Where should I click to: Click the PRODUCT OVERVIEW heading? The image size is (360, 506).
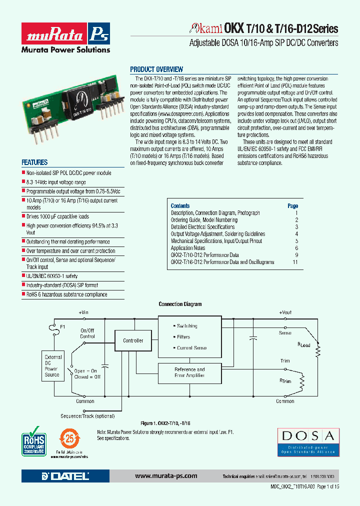[156, 69]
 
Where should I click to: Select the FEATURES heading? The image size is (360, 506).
[34, 162]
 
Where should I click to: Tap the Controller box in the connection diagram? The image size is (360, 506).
[133, 340]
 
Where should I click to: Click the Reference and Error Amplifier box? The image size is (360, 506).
[189, 372]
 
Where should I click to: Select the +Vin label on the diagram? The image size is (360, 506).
[83, 312]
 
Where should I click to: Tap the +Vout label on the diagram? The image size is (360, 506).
[285, 312]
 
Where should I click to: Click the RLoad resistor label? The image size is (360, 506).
[304, 344]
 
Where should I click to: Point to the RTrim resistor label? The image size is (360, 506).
[285, 381]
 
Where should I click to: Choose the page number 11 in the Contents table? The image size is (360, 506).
[295, 262]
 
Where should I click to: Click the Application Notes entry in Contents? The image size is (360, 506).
[188, 248]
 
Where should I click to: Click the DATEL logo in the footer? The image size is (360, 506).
[65, 476]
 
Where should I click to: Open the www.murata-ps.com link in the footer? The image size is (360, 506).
[166, 476]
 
